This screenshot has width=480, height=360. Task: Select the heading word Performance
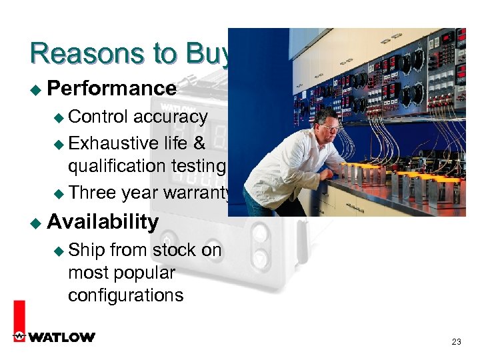[x=112, y=88]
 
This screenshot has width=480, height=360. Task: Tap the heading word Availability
[x=103, y=221]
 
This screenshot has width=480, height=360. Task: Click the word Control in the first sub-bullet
[x=98, y=117]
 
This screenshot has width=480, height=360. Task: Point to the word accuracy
[x=171, y=117]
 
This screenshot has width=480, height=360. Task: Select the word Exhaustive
[x=113, y=143]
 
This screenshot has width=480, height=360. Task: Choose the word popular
[x=145, y=273]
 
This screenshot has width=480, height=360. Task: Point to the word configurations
[x=125, y=295]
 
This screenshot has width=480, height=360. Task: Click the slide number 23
[x=456, y=342]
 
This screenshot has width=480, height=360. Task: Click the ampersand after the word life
[x=201, y=143]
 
